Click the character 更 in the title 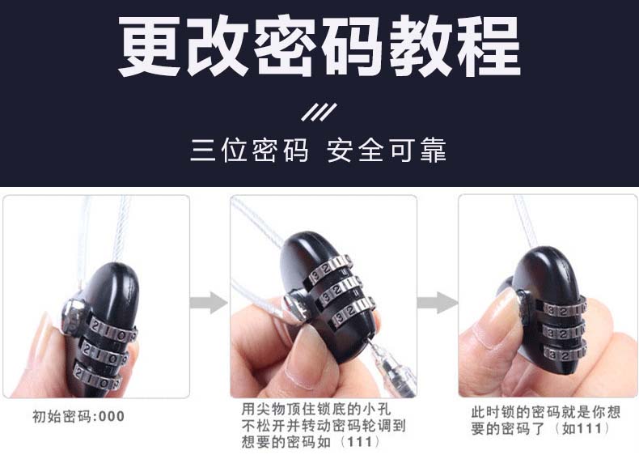150,45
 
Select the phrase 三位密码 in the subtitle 249,150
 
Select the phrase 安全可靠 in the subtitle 387,150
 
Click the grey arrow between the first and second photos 209,303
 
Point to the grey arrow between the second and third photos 438,303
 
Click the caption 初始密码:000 78,417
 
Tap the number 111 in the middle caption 360,442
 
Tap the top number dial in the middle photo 331,270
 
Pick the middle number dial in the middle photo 341,291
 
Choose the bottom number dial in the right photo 565,353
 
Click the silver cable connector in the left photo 74,316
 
